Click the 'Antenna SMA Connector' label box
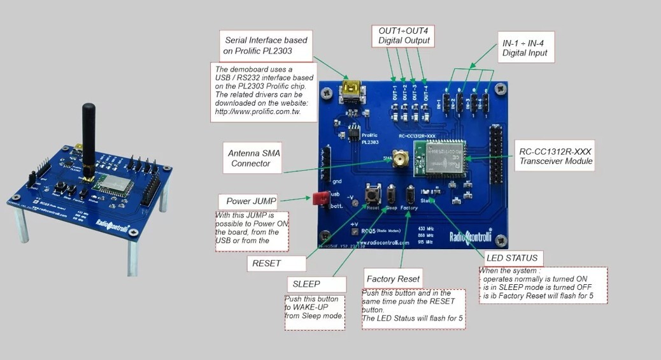[254, 158]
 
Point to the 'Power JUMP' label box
[252, 201]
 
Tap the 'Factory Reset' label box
[394, 278]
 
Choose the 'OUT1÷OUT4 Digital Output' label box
[404, 36]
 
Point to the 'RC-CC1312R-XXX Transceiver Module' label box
[556, 155]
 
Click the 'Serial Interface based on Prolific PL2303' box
[267, 45]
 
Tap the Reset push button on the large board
[372, 193]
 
